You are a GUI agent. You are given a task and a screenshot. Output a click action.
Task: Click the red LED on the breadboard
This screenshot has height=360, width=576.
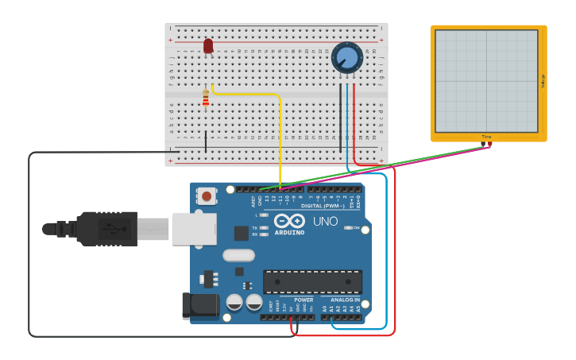point(208,46)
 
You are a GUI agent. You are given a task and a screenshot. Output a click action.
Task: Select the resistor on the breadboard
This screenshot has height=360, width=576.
point(206,99)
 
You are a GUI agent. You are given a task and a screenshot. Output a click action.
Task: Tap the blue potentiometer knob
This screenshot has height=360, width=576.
point(347,57)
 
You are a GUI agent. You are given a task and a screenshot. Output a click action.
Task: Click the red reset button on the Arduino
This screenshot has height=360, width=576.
point(207,195)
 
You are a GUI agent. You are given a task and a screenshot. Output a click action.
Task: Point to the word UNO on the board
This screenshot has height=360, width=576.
point(325,222)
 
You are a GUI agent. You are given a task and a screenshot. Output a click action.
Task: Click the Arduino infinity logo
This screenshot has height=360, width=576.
point(289,221)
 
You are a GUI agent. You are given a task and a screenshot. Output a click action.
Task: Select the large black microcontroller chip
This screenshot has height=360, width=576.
point(312,281)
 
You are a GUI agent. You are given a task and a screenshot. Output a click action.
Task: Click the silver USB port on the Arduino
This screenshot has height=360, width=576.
point(194,228)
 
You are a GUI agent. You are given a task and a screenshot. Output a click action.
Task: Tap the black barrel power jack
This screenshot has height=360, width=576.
point(199,306)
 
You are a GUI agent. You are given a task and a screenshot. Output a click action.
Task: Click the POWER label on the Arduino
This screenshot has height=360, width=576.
point(303,300)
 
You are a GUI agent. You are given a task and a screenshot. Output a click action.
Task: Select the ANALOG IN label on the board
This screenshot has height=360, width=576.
point(345,300)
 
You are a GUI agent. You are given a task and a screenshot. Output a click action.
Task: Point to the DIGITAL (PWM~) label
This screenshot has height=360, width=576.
point(323,206)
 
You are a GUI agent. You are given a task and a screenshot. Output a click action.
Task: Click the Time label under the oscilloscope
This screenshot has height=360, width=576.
point(486,137)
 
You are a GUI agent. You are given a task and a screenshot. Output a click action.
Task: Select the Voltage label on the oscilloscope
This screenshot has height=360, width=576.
point(543,80)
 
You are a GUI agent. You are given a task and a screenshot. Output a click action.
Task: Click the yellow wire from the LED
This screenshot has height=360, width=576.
point(280,135)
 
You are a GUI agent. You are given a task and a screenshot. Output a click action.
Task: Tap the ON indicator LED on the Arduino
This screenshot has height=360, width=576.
point(348,228)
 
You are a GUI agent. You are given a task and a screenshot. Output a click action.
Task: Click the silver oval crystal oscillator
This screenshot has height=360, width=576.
point(238,255)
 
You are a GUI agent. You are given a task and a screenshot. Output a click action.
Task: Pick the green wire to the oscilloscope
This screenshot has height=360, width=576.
point(381,165)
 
